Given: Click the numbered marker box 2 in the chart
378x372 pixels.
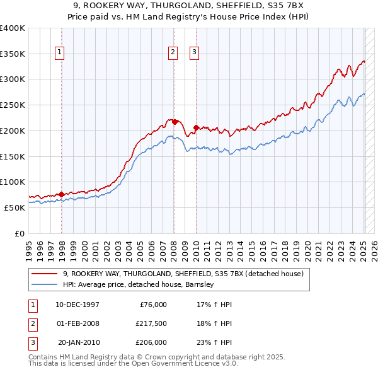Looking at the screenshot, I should click(x=172, y=53).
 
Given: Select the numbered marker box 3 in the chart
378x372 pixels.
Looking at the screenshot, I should click(x=194, y=53).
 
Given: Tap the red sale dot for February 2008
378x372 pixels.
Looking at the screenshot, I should click(x=175, y=122).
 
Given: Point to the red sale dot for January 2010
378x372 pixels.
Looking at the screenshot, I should click(x=196, y=127).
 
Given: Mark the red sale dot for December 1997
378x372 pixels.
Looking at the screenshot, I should click(x=62, y=194).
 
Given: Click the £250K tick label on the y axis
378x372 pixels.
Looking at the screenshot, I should click(x=12, y=105).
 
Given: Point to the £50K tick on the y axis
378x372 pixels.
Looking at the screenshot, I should click(x=14, y=207).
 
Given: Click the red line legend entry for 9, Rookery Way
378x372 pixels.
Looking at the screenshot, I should click(x=183, y=274).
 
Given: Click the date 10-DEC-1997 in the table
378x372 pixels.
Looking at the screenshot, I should click(x=77, y=305).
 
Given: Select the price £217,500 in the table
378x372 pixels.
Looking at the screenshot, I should click(x=151, y=323).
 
